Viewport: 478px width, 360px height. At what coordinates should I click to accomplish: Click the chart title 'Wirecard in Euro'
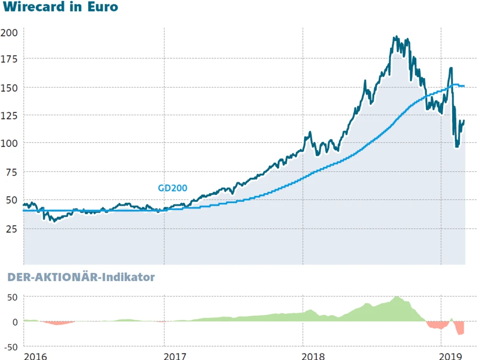click(x=60, y=8)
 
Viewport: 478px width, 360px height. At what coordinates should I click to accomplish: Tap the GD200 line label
click(x=172, y=188)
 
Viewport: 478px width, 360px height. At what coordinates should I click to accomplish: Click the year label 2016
click(x=36, y=356)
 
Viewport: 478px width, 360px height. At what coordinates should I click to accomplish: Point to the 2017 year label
click(x=175, y=356)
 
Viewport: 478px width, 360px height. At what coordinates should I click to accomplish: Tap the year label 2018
click(x=314, y=356)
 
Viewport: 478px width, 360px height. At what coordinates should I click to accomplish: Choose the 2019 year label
click(x=450, y=356)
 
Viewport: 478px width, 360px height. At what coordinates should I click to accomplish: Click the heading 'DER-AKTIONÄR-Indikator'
click(x=81, y=277)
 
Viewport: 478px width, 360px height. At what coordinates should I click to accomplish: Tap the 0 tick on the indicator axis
click(x=15, y=322)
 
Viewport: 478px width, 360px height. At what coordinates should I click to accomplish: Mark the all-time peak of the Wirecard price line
click(x=395, y=36)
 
